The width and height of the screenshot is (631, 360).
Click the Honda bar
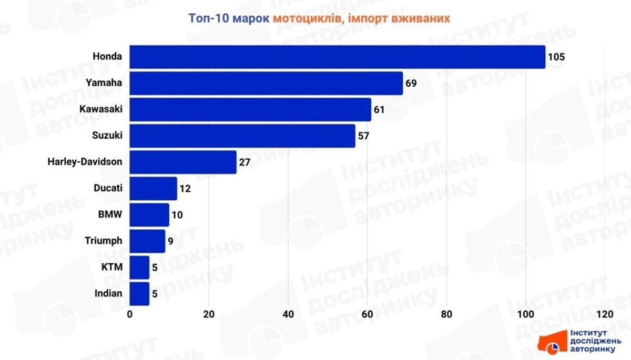[x=337, y=57]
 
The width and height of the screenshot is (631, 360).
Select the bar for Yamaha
[x=266, y=83]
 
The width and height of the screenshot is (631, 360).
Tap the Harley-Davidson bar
[x=183, y=162]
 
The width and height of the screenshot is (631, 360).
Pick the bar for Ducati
[x=154, y=188]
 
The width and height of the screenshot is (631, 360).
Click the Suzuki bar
[x=242, y=136]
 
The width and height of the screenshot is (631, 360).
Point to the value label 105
[x=556, y=57]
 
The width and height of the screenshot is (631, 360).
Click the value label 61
[x=380, y=109]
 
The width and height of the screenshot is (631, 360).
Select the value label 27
[x=245, y=162]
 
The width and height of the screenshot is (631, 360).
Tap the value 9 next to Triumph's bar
[x=171, y=241]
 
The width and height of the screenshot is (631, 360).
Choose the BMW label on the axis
[x=110, y=214]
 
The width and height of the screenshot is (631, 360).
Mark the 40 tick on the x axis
[x=288, y=314]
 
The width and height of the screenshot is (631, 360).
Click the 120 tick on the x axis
[x=605, y=314]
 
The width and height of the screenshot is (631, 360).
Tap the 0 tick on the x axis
[x=130, y=314]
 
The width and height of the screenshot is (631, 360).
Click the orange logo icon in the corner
[x=552, y=342]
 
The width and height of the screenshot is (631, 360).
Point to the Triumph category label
[x=104, y=241]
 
